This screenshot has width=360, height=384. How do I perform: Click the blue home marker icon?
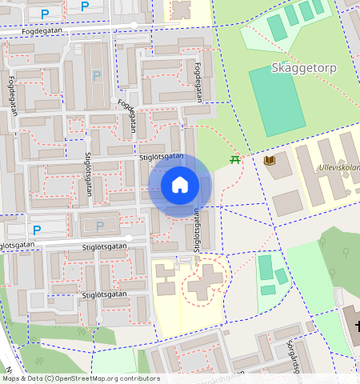tap(180, 186)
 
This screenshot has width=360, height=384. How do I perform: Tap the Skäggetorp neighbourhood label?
tap(304, 68)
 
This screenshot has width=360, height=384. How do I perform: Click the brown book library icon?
tap(270, 161)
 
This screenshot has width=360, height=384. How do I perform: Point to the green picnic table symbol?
tap(235, 160)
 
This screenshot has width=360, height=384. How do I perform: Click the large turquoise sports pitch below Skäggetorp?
tap(277, 101)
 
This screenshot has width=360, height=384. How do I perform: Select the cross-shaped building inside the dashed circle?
tap(206, 281)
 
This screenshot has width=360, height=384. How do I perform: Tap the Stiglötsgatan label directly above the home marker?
tap(162, 158)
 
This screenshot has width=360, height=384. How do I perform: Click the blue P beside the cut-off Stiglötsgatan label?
tap(37, 229)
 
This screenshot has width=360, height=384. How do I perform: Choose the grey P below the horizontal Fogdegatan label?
tap(98, 76)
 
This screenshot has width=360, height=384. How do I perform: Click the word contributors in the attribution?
tap(138, 378)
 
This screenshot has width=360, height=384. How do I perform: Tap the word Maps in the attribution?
tap(12, 378)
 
